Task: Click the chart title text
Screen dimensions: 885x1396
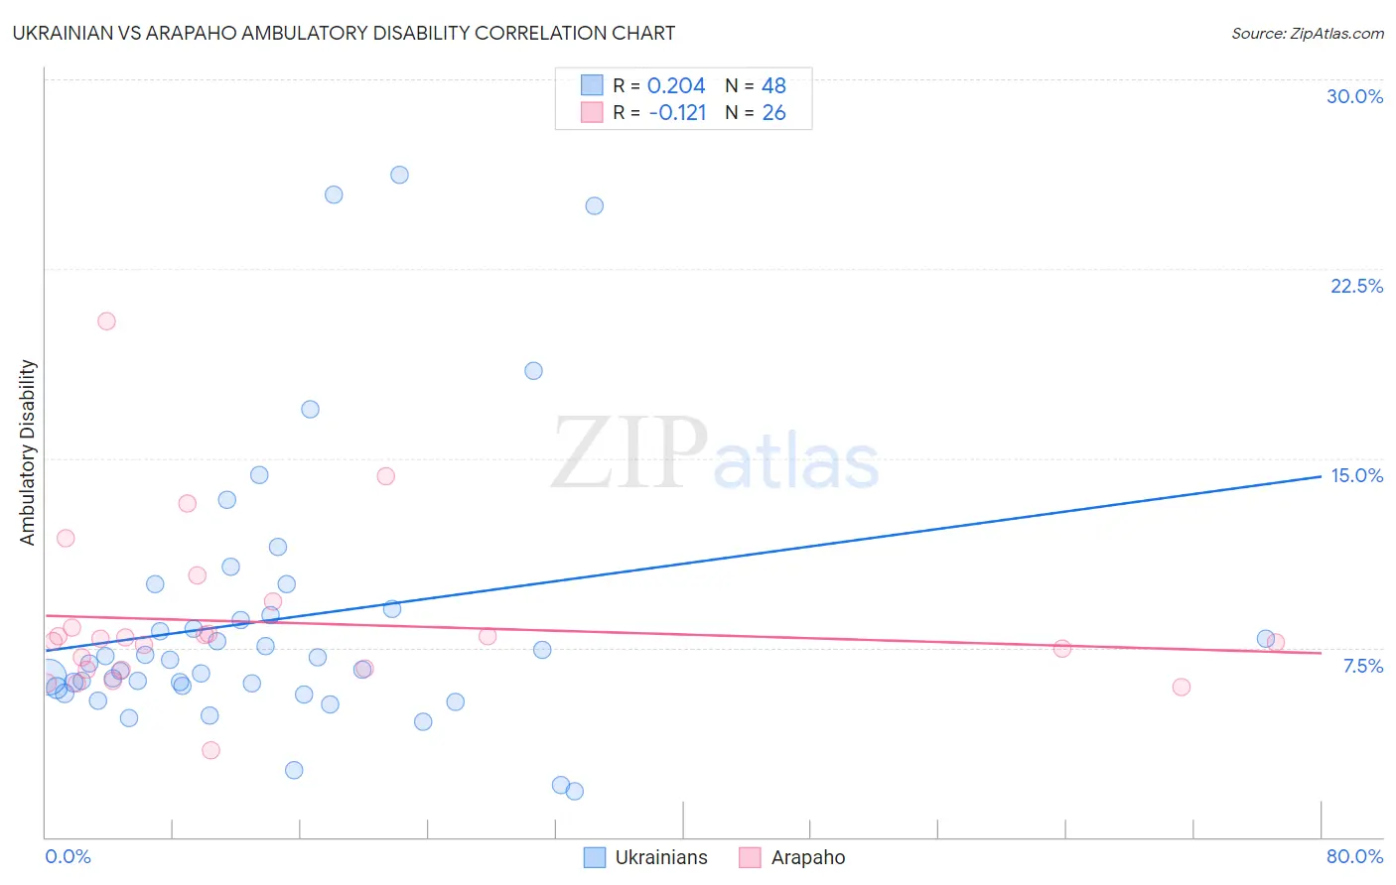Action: click(x=344, y=33)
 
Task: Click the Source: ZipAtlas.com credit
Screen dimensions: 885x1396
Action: click(x=1307, y=33)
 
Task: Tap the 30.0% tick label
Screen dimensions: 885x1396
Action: click(x=1354, y=96)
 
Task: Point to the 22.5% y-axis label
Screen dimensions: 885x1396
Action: click(x=1356, y=286)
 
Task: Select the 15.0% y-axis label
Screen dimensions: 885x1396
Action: click(x=1356, y=475)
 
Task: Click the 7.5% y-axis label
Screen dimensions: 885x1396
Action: click(x=1362, y=666)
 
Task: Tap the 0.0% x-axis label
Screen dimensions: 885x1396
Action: click(x=68, y=856)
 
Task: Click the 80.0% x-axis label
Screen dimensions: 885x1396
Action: click(x=1354, y=856)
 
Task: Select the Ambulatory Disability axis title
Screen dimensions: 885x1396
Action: click(x=28, y=451)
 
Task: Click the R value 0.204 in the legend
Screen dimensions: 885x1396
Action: click(x=675, y=86)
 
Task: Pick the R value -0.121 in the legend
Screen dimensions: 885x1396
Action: click(x=677, y=113)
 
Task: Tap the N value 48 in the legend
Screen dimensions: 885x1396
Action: click(x=773, y=86)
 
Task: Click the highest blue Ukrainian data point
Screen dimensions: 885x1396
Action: click(x=399, y=175)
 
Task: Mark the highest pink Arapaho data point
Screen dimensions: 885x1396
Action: click(x=106, y=321)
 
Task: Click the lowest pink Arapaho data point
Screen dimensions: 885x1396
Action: click(x=210, y=750)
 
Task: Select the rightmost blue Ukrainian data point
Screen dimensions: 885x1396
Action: click(x=1265, y=639)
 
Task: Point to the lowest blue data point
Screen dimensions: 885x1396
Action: click(x=574, y=791)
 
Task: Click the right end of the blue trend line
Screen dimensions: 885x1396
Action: click(x=1321, y=476)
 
